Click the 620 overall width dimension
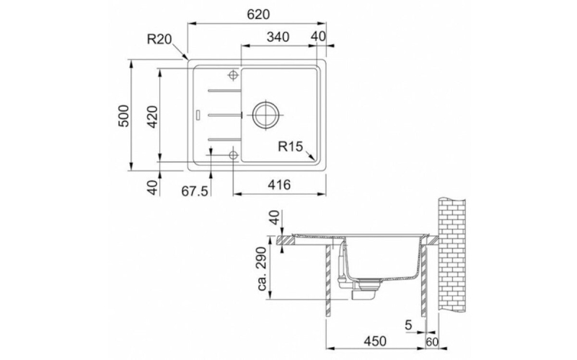coord(258,14)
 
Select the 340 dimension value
coord(278,37)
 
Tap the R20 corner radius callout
coord(159,39)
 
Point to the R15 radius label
coord(290,146)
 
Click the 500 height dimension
coord(124,116)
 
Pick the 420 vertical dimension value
coord(152,117)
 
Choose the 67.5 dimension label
coord(195,191)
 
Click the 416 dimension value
coord(279,185)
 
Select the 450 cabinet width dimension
coord(375,341)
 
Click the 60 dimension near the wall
coord(432,342)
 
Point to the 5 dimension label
coord(408,325)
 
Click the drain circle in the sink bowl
coord(265,115)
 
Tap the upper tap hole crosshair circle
coord(233,75)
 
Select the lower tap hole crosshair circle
coord(233,155)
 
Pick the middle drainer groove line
coord(225,115)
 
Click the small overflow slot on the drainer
coord(198,115)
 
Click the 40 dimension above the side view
coord(274,218)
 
